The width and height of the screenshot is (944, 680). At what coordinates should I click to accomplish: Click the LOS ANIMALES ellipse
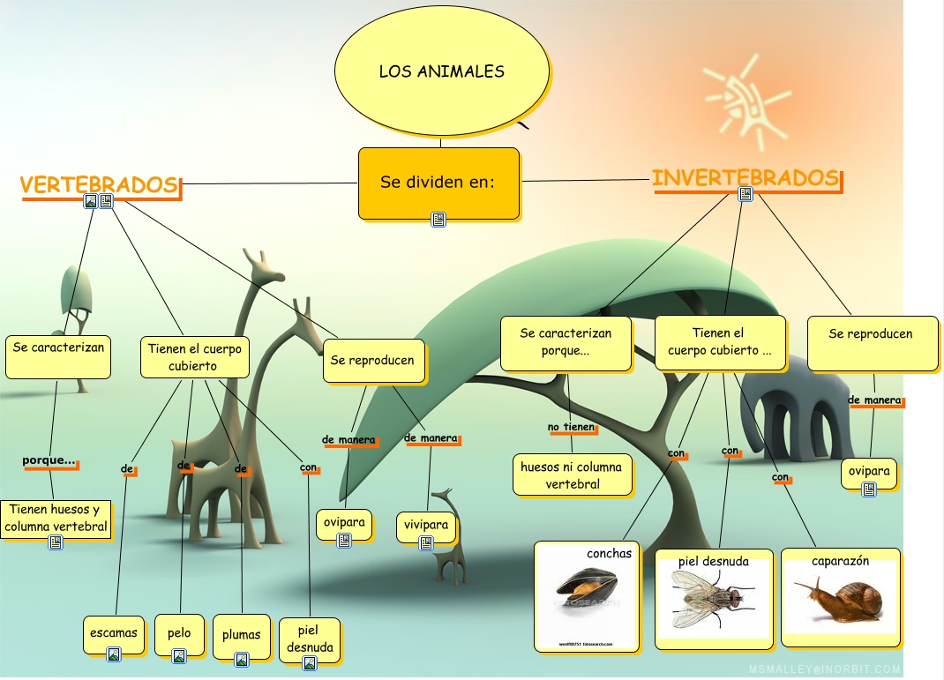[x=442, y=71]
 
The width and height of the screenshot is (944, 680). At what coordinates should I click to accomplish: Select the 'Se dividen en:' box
[x=438, y=183]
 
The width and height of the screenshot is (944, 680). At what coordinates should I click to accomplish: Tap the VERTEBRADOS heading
[x=100, y=185]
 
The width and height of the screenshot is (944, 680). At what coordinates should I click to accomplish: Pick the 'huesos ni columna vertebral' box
[x=572, y=475]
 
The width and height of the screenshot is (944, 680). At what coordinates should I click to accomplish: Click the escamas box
[x=114, y=633]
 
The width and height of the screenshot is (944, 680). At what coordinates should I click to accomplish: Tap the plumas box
[x=242, y=635]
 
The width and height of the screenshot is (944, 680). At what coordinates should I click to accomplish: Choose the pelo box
[x=179, y=633]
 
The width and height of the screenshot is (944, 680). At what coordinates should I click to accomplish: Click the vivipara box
[x=426, y=525]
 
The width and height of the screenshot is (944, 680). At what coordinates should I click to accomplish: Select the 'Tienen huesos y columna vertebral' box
[x=56, y=519]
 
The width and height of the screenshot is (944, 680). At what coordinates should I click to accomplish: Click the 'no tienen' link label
[x=571, y=427]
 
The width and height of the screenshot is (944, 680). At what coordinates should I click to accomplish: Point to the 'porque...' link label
[x=49, y=460]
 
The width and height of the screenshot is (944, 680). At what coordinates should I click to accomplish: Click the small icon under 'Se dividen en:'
[x=438, y=219]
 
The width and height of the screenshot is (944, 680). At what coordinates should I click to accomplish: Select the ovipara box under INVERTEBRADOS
[x=869, y=471]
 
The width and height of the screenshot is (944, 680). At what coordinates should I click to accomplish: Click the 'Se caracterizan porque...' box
[x=566, y=342]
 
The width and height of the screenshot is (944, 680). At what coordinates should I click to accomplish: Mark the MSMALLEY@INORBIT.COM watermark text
[x=825, y=669]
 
